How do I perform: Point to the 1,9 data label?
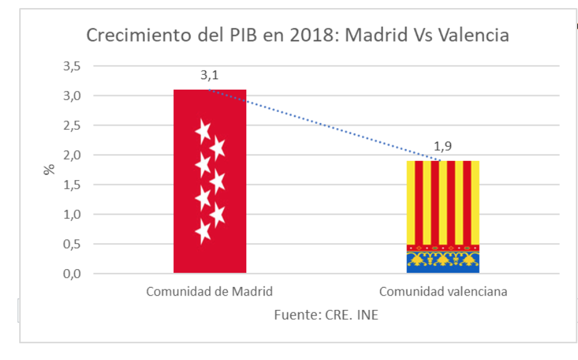[443, 147]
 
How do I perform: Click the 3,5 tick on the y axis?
[72, 66]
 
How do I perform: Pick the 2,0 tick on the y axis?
[72, 155]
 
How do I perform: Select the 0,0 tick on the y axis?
[72, 274]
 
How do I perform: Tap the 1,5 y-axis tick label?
[72, 185]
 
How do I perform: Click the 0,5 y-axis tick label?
[72, 244]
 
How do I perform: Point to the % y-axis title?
[49, 169]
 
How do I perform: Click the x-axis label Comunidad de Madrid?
[209, 291]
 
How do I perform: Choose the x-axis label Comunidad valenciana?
[443, 291]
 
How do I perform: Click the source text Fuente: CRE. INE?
[326, 315]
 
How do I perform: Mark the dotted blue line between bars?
[326, 126]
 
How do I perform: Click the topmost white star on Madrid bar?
[203, 131]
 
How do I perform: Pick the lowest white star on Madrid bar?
[203, 232]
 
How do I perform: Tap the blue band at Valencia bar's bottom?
[442, 269]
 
